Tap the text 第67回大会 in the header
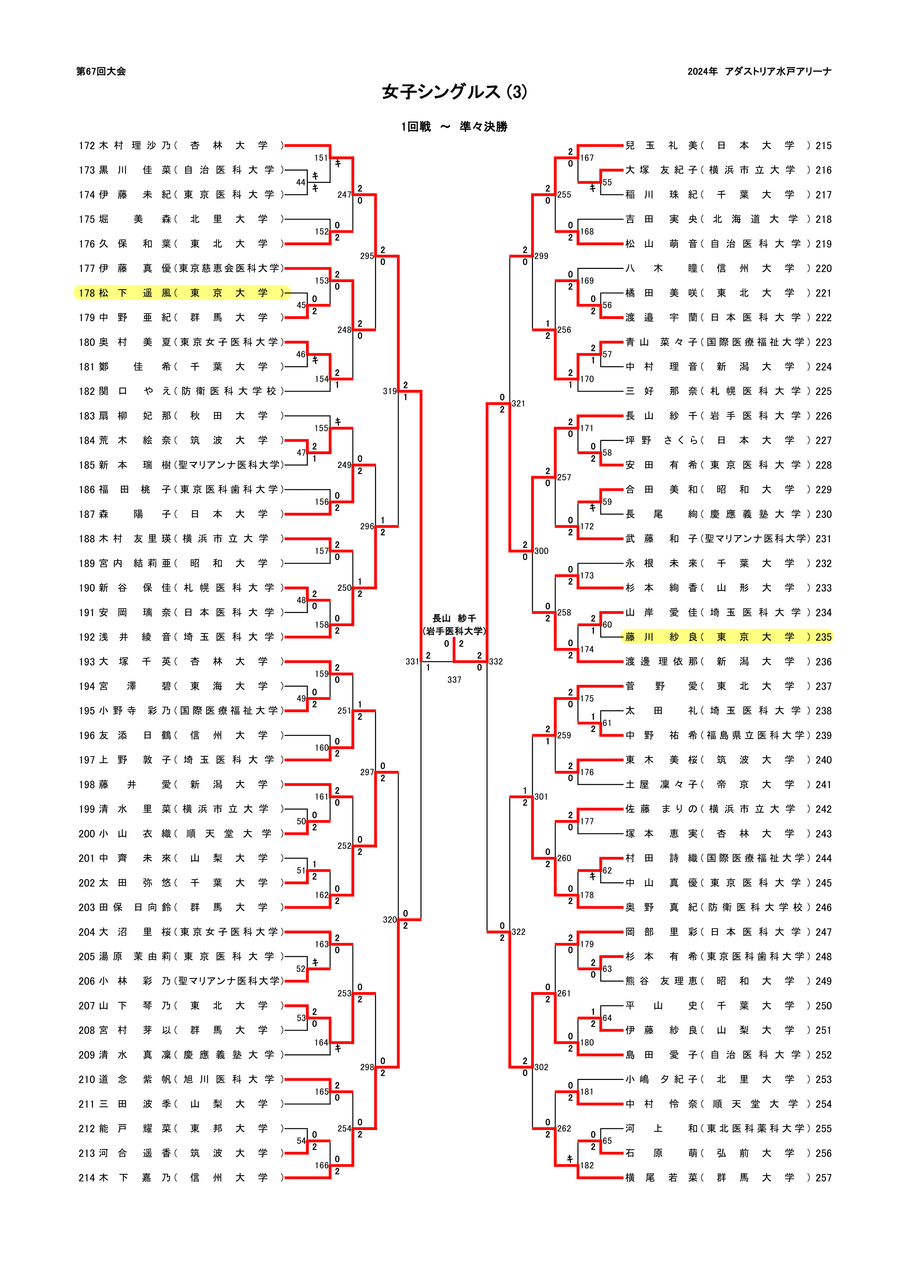pos(101,71)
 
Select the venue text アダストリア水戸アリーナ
pos(778,71)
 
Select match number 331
pos(412,662)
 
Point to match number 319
pos(390,391)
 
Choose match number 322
pos(518,932)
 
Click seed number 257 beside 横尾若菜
pos(823,1178)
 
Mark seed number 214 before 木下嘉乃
pos(86,1178)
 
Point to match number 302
pos(542,1067)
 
